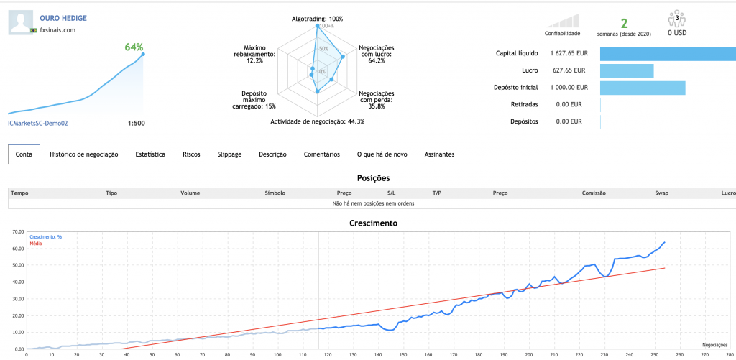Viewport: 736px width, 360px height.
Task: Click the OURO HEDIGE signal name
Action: pos(63,17)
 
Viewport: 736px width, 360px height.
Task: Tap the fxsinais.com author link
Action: pos(57,29)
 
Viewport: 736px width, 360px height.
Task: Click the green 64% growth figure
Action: pos(134,47)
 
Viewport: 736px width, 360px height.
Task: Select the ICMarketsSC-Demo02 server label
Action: pos(37,123)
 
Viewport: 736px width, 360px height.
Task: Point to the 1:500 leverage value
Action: pos(136,123)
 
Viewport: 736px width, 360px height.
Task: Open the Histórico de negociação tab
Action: pos(83,154)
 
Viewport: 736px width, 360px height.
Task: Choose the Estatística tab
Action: pos(150,154)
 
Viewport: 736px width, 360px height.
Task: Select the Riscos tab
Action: pos(191,154)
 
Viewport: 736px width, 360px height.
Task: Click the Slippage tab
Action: pos(229,154)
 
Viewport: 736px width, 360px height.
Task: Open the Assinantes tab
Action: pos(439,154)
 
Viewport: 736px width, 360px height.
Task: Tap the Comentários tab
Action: pos(321,154)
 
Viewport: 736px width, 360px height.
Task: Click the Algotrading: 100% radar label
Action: pos(317,18)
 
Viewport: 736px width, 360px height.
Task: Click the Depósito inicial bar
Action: pos(642,88)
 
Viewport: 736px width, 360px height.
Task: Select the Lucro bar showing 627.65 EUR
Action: pos(626,70)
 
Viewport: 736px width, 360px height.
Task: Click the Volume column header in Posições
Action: pos(190,193)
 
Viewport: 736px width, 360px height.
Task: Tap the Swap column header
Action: pos(662,193)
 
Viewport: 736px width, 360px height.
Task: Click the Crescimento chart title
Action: pos(373,223)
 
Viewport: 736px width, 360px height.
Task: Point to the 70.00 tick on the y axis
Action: pos(15,232)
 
